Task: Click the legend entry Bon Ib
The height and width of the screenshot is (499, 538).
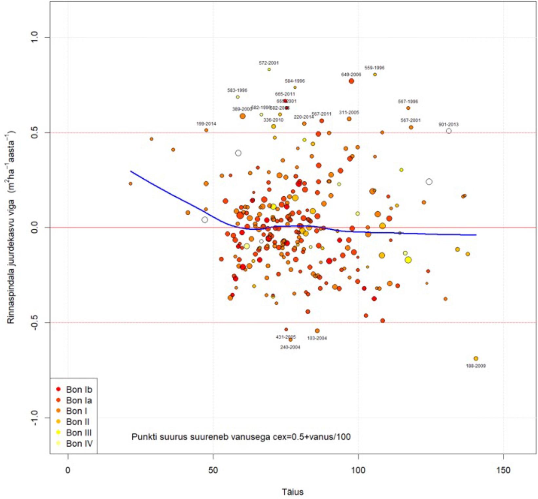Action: pos(79,389)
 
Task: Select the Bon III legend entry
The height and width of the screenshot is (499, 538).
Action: pos(79,433)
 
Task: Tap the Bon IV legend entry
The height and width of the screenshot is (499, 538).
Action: pos(79,443)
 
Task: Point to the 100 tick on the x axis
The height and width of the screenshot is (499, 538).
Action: pos(358,470)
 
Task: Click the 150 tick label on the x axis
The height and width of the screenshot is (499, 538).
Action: pos(503,470)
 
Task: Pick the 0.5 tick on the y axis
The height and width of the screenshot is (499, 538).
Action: pos(35,133)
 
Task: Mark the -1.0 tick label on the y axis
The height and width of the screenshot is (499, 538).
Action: pos(35,418)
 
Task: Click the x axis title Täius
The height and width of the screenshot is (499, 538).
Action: pos(293,492)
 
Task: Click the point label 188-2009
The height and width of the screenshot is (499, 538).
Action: pos(476,366)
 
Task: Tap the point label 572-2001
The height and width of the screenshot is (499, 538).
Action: pos(269,63)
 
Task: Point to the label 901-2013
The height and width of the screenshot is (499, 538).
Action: pos(449,124)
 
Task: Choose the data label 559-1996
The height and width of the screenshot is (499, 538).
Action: pos(375,68)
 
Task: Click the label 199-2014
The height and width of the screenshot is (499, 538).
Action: pos(206,124)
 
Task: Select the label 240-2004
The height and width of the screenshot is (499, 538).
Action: pos(290,347)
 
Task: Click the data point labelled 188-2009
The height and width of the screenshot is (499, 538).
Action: pos(476,359)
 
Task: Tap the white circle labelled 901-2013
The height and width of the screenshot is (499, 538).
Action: pos(449,131)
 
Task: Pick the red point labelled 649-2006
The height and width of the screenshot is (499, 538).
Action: pos(351,81)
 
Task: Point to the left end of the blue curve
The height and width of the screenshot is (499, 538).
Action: pos(131,171)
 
